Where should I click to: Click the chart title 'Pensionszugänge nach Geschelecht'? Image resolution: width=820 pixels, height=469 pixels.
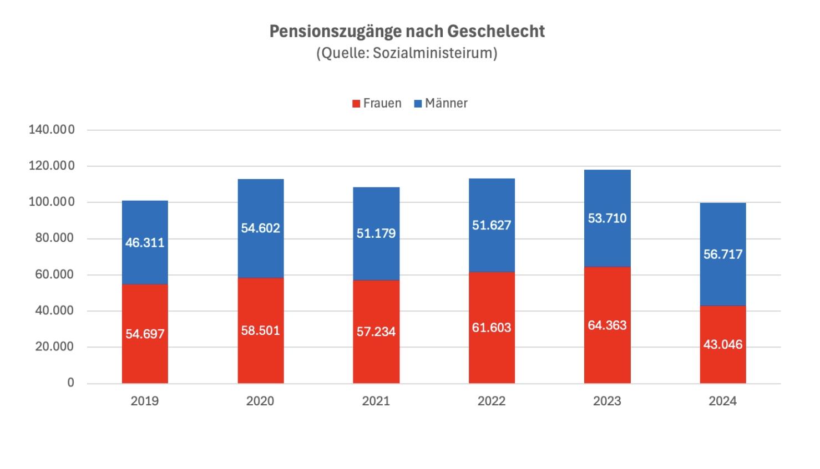[407, 31]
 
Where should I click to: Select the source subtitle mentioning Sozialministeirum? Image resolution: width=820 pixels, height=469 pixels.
[407, 54]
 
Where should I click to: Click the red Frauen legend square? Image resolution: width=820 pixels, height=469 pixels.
[356, 104]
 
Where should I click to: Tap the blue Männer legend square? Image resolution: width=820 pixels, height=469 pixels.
[418, 104]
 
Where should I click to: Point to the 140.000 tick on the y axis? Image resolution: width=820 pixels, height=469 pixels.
[51, 130]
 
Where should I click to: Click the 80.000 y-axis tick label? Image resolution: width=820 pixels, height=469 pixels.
[51, 238]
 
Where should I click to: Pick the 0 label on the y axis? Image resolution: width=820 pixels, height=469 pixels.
[70, 383]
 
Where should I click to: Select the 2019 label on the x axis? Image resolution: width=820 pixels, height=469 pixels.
[145, 401]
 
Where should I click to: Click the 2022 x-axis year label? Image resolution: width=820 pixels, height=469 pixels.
[492, 401]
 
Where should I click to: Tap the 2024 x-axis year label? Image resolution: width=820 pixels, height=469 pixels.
[722, 401]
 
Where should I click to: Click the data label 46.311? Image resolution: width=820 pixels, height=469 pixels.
[145, 242]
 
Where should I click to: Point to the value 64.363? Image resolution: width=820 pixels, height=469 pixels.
[607, 325]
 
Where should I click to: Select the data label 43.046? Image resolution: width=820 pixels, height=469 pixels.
[722, 344]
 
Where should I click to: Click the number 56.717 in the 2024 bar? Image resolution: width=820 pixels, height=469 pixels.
[722, 254]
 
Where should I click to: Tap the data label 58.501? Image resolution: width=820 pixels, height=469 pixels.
[261, 330]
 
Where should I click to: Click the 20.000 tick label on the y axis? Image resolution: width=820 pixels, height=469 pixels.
[51, 347]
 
